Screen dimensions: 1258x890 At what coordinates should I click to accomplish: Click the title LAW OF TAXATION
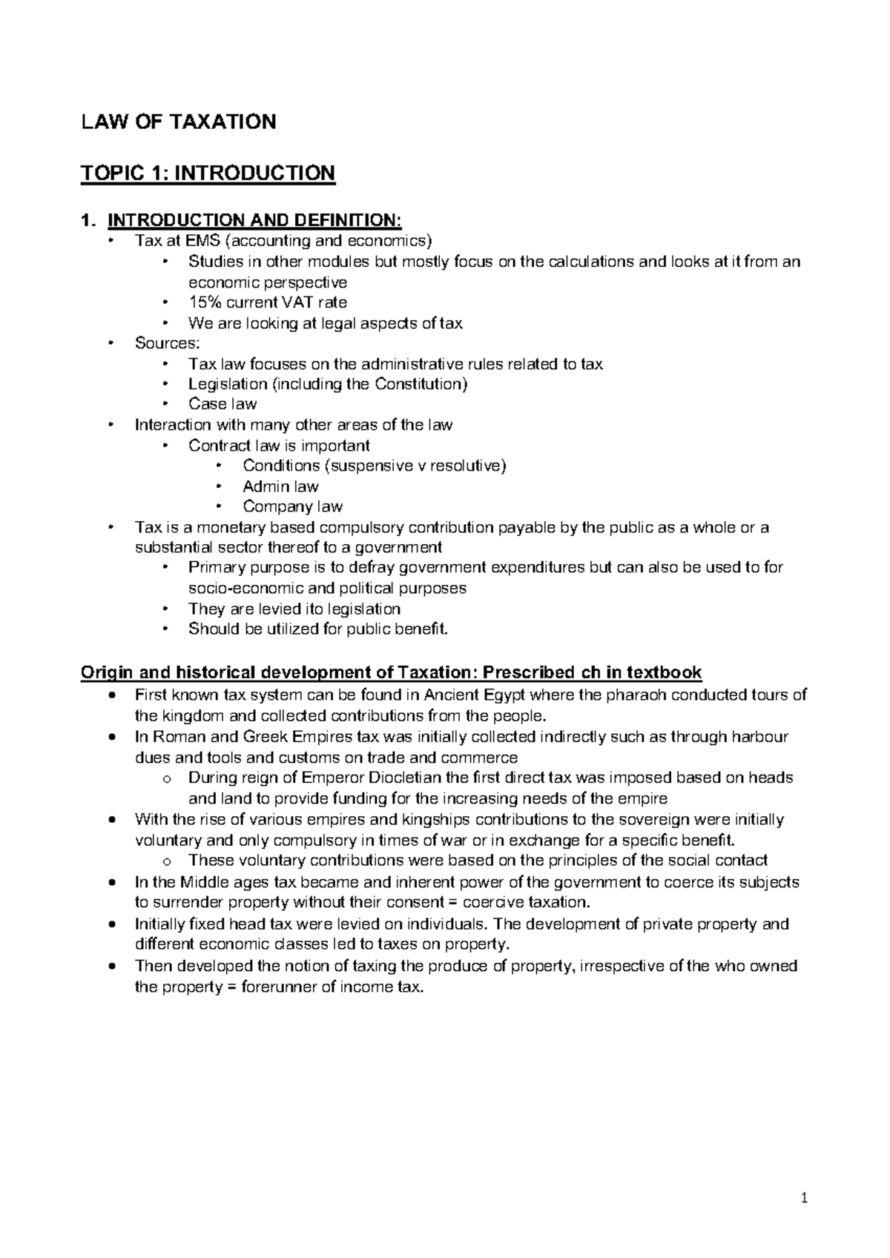pos(179,122)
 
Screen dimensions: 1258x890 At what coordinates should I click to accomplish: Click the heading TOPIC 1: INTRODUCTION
pos(208,173)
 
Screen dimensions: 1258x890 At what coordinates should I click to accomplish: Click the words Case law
pos(222,404)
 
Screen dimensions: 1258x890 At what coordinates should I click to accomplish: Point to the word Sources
pos(165,343)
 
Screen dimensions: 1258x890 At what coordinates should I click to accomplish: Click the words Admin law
pos(280,486)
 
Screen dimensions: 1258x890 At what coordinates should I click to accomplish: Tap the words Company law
pos(292,507)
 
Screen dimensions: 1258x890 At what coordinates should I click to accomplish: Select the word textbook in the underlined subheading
pos(664,672)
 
